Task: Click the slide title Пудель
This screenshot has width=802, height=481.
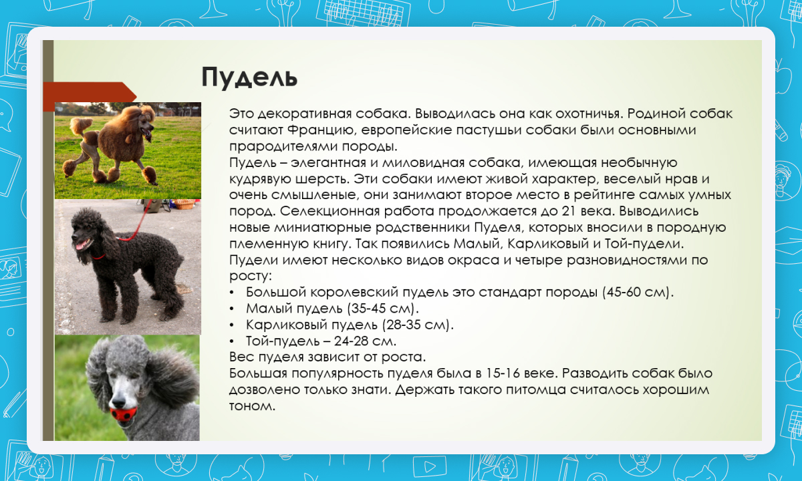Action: pos(249,77)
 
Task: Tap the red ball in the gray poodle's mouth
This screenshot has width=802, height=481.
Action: pos(123,414)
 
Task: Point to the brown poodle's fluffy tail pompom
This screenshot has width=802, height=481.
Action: pos(82,126)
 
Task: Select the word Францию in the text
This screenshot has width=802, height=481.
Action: pos(322,130)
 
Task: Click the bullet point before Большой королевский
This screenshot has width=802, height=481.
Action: pos(232,293)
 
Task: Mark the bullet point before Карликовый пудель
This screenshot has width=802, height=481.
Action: pos(232,325)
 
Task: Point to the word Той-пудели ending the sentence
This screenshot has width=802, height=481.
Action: pos(644,244)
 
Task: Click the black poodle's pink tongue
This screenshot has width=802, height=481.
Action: pos(81,246)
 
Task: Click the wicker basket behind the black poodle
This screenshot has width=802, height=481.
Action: pos(183,204)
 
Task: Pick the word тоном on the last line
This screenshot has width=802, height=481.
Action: pos(252,406)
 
